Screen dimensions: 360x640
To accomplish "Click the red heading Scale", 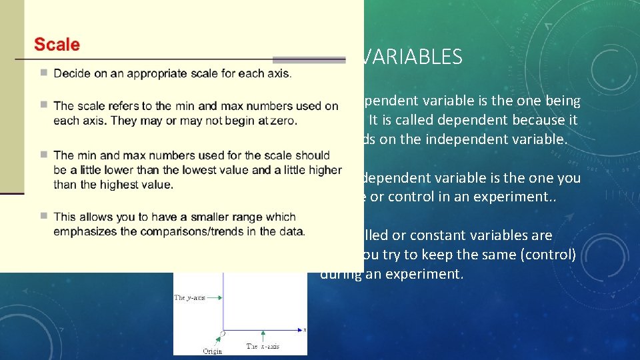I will [x=57, y=45].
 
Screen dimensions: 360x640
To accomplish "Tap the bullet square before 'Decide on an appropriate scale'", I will [x=43, y=72].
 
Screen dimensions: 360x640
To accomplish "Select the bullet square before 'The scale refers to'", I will [x=43, y=105].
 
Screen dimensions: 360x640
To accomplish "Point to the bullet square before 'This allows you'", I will [x=43, y=216].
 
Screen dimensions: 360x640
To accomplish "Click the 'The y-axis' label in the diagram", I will [x=189, y=297].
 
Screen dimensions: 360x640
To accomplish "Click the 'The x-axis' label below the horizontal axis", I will [x=263, y=346].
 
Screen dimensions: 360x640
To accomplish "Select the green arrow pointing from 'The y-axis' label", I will [x=213, y=297].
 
